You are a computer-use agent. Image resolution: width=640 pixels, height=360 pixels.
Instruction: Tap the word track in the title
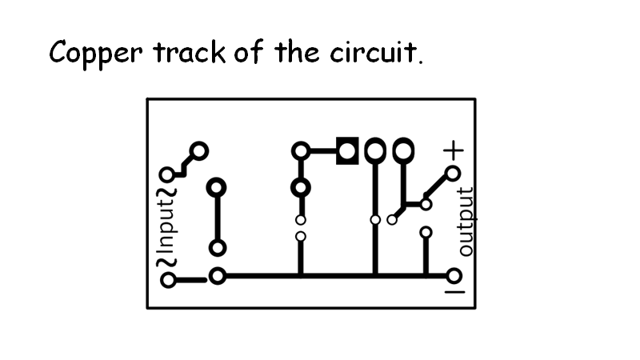pos(189,53)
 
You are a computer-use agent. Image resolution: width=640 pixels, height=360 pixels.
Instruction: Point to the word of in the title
pos(253,53)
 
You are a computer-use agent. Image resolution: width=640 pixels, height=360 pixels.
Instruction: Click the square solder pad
pos(347,150)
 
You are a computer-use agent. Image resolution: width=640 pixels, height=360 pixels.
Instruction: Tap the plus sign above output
pos(454,150)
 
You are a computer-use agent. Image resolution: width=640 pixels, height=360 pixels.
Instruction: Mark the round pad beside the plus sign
pos(453,174)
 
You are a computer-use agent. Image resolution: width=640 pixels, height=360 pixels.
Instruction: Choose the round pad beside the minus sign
pos(454,277)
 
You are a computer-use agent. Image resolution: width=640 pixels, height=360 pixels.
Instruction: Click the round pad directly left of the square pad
pos(301,150)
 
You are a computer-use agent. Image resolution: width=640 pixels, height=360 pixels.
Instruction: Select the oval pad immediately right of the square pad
pos(375,150)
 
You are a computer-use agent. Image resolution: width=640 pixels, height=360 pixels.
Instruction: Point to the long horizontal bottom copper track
pos(336,277)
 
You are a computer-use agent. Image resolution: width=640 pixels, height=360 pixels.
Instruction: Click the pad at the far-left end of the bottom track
pos(168,280)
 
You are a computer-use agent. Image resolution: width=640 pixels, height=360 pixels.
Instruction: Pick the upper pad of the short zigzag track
pos(199,150)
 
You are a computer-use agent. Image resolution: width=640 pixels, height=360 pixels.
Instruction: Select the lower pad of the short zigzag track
pos(167,174)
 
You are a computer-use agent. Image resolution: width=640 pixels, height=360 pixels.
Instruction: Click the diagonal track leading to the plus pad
pos(438,188)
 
